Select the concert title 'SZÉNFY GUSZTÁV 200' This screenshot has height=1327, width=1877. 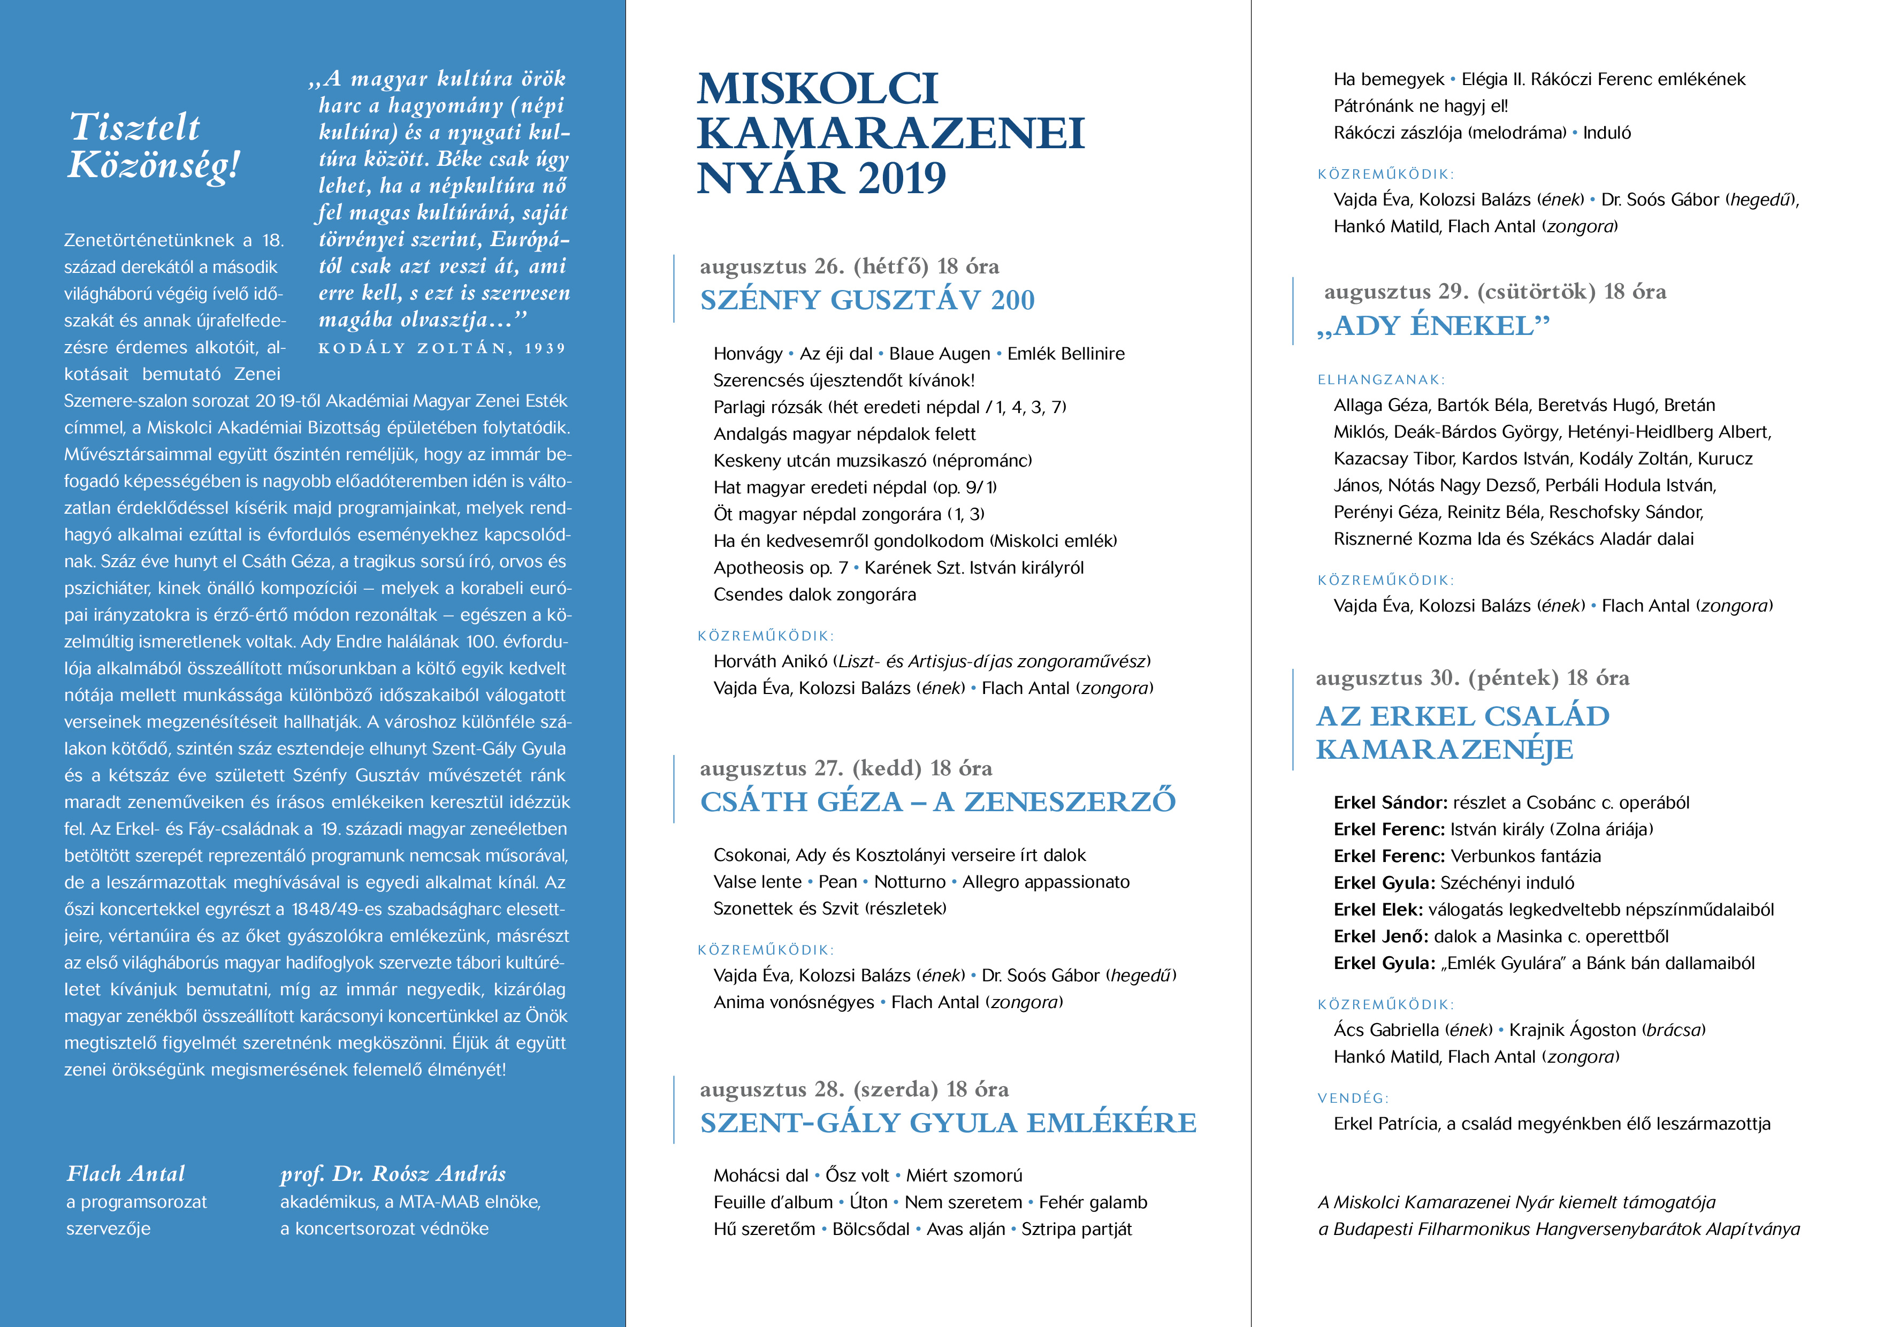pyautogui.click(x=867, y=300)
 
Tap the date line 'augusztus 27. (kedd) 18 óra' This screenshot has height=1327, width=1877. pyautogui.click(x=845, y=768)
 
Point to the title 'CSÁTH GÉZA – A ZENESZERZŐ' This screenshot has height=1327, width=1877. pyautogui.click(x=937, y=801)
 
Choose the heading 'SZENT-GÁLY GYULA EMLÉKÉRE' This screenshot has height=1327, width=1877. pyautogui.click(x=948, y=1123)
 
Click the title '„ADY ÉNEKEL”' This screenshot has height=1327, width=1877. pyautogui.click(x=1432, y=325)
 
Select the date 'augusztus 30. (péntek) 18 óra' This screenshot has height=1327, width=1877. pyautogui.click(x=1471, y=678)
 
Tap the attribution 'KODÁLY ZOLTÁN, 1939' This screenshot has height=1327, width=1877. pyautogui.click(x=441, y=348)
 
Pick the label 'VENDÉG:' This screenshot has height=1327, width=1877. pyautogui.click(x=1352, y=1098)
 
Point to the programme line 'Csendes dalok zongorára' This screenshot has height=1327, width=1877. pyautogui.click(x=814, y=594)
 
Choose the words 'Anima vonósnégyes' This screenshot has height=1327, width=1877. pyautogui.click(x=793, y=1002)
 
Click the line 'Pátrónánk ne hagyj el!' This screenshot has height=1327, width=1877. pyautogui.click(x=1420, y=105)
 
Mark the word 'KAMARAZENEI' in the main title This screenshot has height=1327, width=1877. pyautogui.click(x=890, y=133)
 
